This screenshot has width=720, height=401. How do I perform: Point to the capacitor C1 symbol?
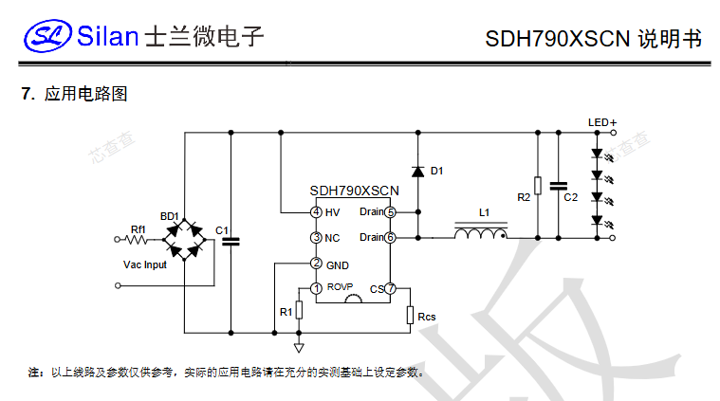(230, 241)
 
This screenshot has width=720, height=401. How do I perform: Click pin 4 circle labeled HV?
(316, 211)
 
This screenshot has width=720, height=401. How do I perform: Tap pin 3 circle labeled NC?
(316, 237)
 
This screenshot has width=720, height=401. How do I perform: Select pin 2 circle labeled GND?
(316, 264)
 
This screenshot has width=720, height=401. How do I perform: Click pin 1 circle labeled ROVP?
(316, 288)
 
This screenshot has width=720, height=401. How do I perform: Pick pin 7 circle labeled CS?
(390, 288)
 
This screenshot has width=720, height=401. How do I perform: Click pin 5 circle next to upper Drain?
(390, 211)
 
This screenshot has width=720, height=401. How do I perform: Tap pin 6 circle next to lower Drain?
(390, 237)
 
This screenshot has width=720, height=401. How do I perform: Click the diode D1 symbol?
(417, 172)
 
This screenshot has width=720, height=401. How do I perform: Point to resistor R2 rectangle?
(538, 186)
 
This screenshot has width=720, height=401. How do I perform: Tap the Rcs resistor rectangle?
(410, 316)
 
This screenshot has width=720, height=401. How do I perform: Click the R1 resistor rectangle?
(299, 310)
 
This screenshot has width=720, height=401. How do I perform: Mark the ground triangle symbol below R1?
(299, 348)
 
